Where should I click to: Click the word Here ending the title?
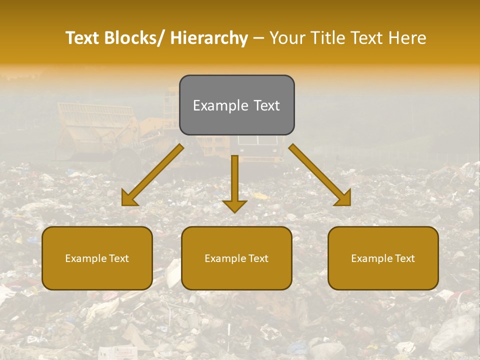[408, 38]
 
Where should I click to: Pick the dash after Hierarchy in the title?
[258, 38]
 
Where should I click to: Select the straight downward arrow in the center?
[234, 180]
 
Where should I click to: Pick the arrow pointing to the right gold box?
[317, 172]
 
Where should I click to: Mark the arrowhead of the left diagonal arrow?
[129, 198]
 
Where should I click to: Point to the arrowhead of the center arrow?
[234, 205]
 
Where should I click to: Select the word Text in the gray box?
[265, 105]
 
